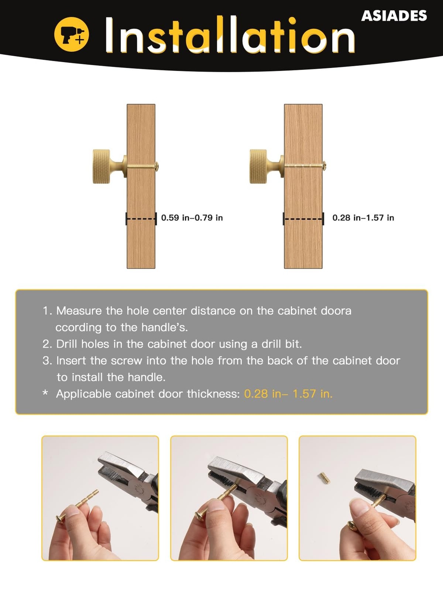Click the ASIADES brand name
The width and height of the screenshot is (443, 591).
point(394,16)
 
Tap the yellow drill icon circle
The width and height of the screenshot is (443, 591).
point(71,34)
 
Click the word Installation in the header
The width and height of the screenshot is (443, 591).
point(230,34)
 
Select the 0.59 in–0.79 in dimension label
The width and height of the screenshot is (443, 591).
point(192,218)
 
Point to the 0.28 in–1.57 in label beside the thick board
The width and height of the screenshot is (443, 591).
point(363,218)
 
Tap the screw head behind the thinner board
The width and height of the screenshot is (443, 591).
point(157,166)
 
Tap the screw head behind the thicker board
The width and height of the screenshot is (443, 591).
point(324,165)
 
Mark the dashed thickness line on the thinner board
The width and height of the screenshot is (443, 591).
point(141,219)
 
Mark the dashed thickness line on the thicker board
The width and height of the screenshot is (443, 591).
point(303,219)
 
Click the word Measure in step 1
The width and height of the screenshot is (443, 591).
point(79,311)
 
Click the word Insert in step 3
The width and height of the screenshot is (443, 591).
point(71,361)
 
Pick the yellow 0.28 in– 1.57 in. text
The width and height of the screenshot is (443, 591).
point(288,394)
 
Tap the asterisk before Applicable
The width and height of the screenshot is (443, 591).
point(45,393)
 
